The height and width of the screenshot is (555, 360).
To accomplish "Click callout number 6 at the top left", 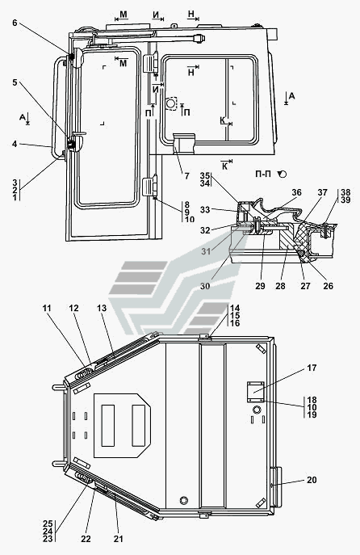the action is pyautogui.click(x=15, y=23).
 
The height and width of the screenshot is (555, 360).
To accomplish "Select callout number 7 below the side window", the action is pyautogui.click(x=186, y=175).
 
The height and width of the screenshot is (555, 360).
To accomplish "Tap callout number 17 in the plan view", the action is pyautogui.click(x=312, y=368).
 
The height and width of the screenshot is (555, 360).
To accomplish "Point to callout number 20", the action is pyautogui.click(x=312, y=480).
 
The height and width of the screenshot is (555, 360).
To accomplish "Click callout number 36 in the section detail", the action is pyautogui.click(x=296, y=192).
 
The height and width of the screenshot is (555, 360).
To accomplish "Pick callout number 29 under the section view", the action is pyautogui.click(x=260, y=286).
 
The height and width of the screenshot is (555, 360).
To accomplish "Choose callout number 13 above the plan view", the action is pyautogui.click(x=102, y=309).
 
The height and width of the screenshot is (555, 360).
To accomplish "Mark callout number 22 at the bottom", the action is pyautogui.click(x=86, y=539).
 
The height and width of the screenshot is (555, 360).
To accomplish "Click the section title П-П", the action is pyautogui.click(x=264, y=174).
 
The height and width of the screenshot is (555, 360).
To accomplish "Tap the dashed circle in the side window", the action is pyautogui.click(x=171, y=103).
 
